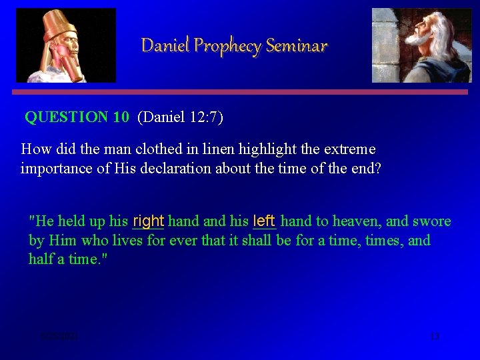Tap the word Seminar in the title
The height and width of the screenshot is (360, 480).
297,46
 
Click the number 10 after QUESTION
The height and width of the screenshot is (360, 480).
121,118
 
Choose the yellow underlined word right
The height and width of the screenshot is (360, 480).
148,221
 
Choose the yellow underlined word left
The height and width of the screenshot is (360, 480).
264,221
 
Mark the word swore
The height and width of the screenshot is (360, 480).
432,221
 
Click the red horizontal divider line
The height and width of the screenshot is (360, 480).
239,92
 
